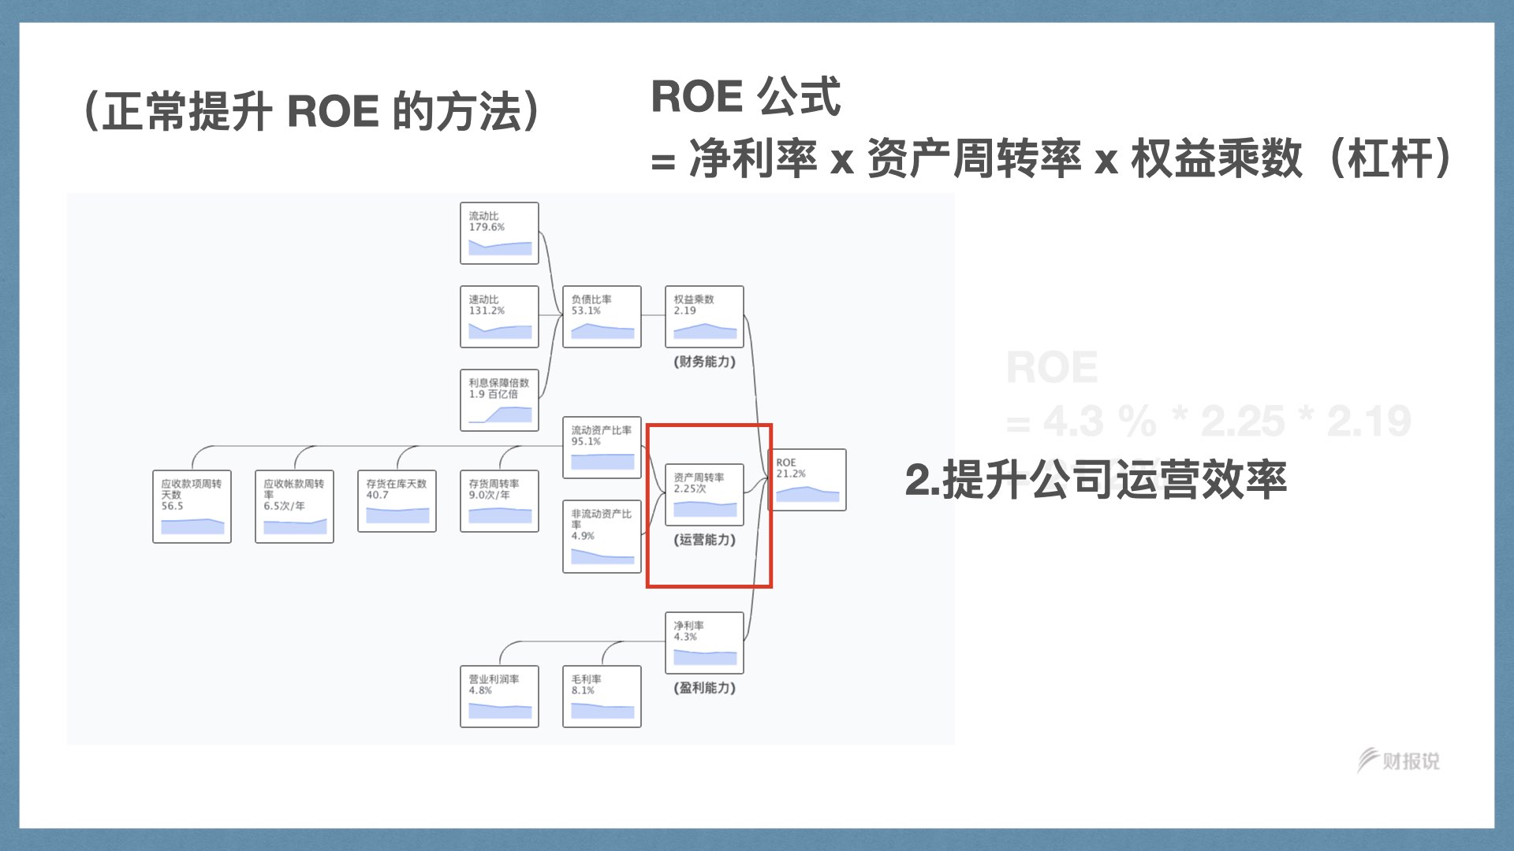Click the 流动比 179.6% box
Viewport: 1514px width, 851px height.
499,233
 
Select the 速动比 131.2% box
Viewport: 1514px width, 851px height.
499,317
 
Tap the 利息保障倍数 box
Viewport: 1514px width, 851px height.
499,400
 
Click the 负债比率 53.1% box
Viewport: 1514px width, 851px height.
602,317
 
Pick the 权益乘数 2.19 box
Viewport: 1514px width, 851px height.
704,317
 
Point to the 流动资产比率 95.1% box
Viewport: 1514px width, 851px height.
602,448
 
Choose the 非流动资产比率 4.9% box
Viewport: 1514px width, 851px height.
602,536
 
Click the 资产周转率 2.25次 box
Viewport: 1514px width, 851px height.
704,495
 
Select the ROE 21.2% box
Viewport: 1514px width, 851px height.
807,480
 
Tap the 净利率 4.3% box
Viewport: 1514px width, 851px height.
704,643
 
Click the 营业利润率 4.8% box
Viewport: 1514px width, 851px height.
499,697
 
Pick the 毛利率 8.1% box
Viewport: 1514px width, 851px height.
602,697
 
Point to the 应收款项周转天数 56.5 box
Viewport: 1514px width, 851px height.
192,507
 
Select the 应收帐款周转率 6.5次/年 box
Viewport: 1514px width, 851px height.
294,507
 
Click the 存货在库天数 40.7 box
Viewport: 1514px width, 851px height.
397,501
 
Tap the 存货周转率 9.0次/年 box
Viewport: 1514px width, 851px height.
499,501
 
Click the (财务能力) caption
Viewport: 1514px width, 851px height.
704,362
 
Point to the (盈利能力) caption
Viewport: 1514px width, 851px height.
704,688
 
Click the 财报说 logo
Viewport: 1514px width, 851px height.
1399,760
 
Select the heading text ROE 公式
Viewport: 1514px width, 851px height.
745,97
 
